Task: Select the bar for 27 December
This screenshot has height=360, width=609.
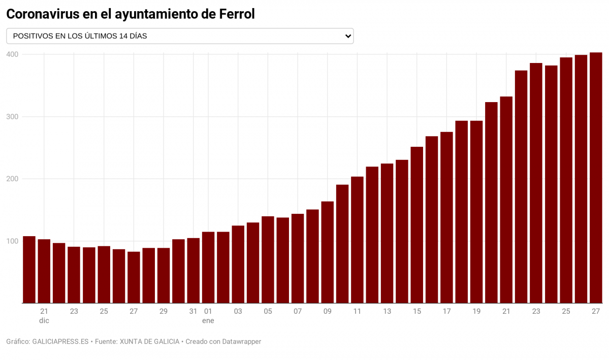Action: [x=134, y=277]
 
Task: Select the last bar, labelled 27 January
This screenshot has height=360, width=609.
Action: [x=596, y=178]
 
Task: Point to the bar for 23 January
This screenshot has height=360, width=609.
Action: [x=536, y=183]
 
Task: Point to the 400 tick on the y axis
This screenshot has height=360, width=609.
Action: [x=13, y=54]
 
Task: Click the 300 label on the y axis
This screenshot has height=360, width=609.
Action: [x=13, y=117]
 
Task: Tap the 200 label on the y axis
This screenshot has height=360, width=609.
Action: [x=13, y=179]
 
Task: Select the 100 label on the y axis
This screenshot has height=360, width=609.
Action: [x=13, y=241]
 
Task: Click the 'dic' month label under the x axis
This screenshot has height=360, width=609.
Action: [x=44, y=320]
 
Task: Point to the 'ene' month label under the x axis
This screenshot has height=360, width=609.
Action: [x=208, y=320]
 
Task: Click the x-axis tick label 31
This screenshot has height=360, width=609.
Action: [x=193, y=311]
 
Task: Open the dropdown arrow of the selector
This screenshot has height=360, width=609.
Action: [x=348, y=36]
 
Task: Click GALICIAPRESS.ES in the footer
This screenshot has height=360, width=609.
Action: [x=60, y=342]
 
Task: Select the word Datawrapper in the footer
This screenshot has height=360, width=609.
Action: [x=242, y=342]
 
